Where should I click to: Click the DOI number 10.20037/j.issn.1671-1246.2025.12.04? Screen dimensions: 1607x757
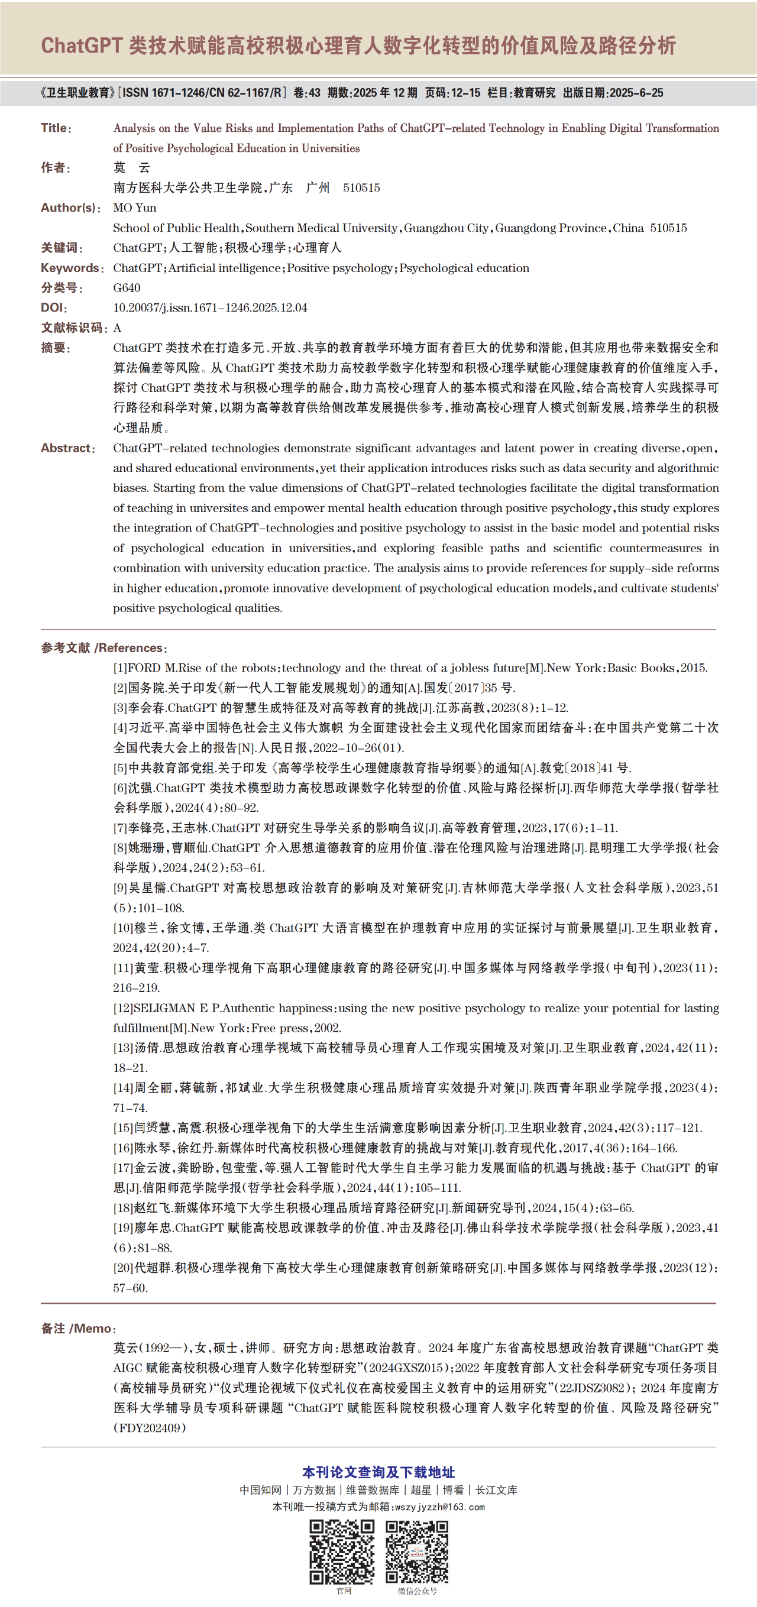pyautogui.click(x=210, y=307)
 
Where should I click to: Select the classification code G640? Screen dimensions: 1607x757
pyautogui.click(x=127, y=287)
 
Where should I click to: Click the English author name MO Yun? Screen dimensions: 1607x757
pyautogui.click(x=135, y=208)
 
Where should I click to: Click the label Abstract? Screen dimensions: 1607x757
pyautogui.click(x=68, y=448)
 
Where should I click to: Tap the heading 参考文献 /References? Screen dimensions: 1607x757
pyautogui.click(x=103, y=648)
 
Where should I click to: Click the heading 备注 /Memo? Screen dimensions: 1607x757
pyautogui.click(x=79, y=1328)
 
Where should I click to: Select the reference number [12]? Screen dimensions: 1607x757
pyautogui.click(x=123, y=1008)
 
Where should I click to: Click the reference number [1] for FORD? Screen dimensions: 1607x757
pyautogui.click(x=120, y=668)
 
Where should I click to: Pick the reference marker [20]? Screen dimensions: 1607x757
pyautogui.click(x=123, y=1268)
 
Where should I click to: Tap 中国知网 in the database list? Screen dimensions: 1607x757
pyautogui.click(x=260, y=1490)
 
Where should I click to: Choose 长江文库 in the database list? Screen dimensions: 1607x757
pyautogui.click(x=496, y=1490)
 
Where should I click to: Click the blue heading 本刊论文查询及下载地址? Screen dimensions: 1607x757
pyautogui.click(x=378, y=1472)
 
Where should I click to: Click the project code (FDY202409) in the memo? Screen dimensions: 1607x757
pyautogui.click(x=150, y=1427)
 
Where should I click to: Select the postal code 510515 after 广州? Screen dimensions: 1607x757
pyautogui.click(x=361, y=188)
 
